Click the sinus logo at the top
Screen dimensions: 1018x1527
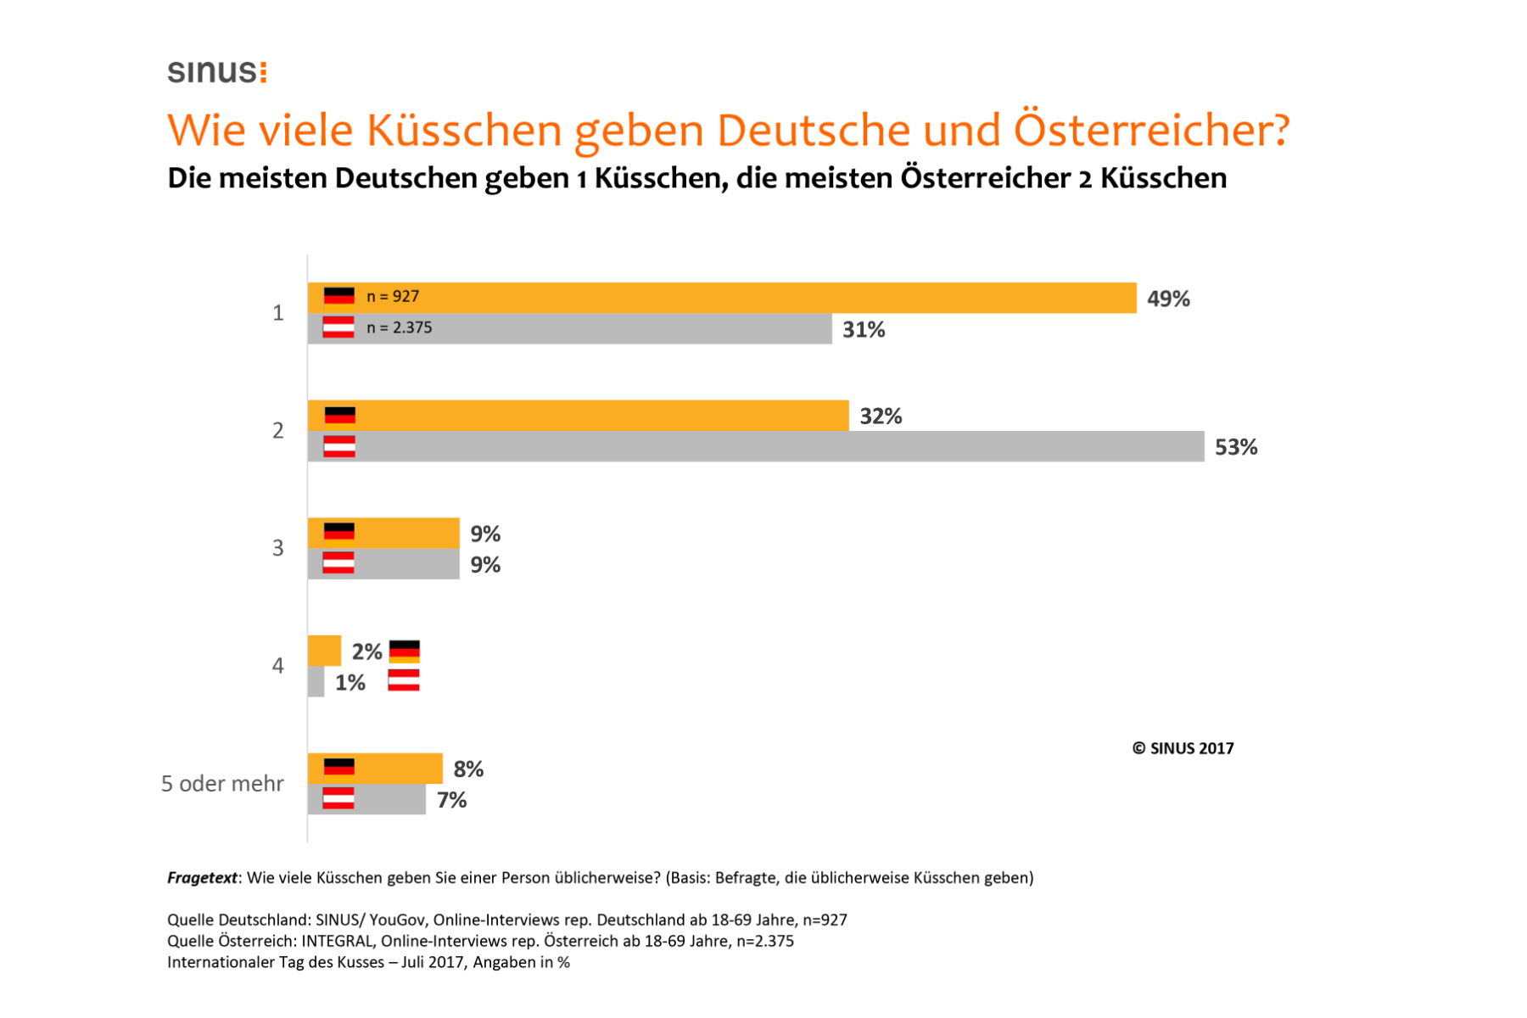click(217, 71)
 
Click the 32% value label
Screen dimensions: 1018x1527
click(881, 416)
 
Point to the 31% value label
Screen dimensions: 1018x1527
click(864, 329)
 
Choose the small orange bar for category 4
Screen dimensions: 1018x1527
click(324, 651)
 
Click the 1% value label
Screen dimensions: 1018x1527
click(350, 682)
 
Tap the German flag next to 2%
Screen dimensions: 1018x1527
click(405, 652)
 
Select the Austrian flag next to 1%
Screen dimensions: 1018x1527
click(404, 680)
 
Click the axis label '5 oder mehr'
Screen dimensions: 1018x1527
click(222, 783)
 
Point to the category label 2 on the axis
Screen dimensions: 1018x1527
click(277, 431)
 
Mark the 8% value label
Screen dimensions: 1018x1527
click(468, 769)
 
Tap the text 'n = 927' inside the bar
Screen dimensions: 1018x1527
click(393, 296)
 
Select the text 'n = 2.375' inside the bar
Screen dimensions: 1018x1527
click(399, 327)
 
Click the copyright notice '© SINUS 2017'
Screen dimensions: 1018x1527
click(1183, 748)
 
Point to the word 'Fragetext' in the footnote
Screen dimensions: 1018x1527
click(202, 878)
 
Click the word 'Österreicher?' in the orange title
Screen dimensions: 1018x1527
click(1152, 131)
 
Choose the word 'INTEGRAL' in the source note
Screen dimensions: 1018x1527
click(338, 941)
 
